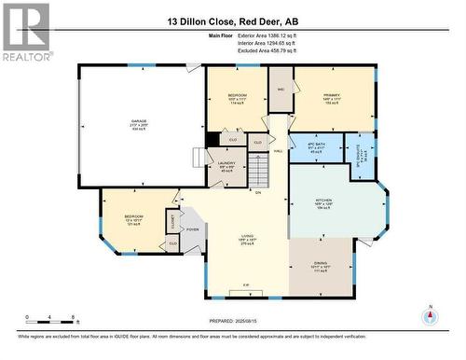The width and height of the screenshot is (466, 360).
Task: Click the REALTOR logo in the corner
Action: (x=26, y=32)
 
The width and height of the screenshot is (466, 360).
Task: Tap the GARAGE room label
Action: (x=139, y=123)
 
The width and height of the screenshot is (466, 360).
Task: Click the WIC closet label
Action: (x=281, y=90)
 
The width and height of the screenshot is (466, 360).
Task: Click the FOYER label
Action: (x=193, y=228)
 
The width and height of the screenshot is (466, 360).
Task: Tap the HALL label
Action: (x=278, y=151)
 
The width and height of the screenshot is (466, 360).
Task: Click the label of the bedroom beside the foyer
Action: (x=133, y=220)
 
